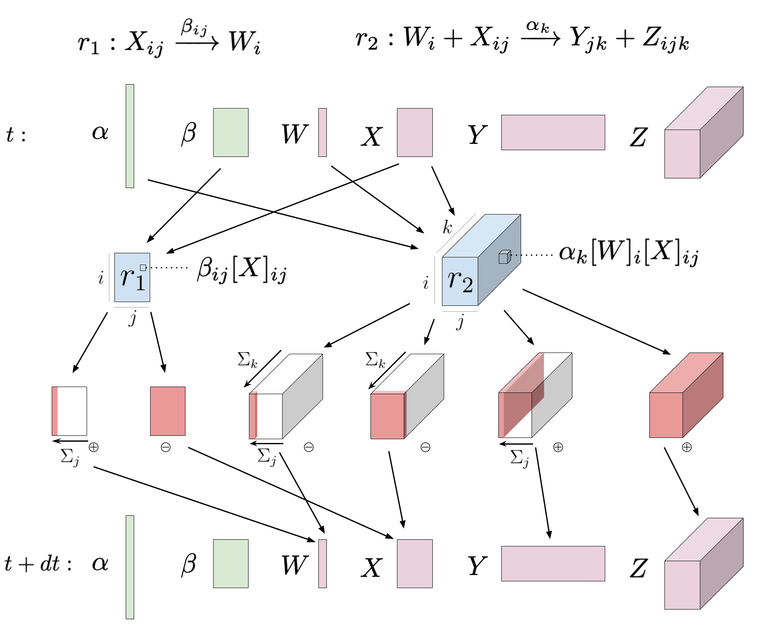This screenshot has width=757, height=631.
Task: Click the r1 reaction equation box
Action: [x=175, y=39]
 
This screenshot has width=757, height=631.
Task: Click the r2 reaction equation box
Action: [x=521, y=39]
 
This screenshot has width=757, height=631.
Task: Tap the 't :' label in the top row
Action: [x=16, y=136]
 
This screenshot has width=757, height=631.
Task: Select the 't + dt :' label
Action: [x=37, y=563]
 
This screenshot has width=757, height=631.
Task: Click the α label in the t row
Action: [x=101, y=133]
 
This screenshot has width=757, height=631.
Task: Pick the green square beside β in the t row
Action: [x=230, y=133]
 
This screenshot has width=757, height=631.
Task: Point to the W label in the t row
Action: [x=294, y=133]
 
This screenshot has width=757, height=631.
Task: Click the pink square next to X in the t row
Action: [x=415, y=133]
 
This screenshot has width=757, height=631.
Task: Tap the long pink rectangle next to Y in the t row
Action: [x=553, y=133]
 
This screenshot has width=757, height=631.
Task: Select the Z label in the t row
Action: [x=639, y=136]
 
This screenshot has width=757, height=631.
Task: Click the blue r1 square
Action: [x=132, y=278]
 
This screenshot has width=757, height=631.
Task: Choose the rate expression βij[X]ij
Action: [x=242, y=270]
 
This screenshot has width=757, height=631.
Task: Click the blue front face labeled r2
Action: [x=460, y=281]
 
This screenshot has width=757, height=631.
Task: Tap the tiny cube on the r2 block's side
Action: [x=504, y=257]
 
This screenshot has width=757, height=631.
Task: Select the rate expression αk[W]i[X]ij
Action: [x=628, y=255]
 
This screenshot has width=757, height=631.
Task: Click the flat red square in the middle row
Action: [x=168, y=411]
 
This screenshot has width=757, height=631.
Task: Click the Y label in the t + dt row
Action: [x=476, y=564]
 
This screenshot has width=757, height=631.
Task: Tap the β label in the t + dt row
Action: [x=189, y=564]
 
